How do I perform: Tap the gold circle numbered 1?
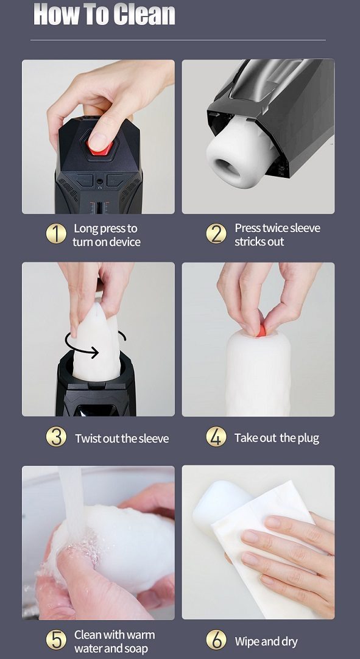pos(56,234)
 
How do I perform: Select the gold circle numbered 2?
pos(216,234)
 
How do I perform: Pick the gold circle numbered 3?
pos(56,437)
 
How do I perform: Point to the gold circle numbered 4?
pos(216,437)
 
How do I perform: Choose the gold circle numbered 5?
pos(56,641)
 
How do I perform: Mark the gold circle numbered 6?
pos(216,641)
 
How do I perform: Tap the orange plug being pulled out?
pos(261,331)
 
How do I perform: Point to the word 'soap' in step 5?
pos(136,648)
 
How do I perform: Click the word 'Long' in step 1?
pos(85,229)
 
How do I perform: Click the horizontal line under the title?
pos(178,40)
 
